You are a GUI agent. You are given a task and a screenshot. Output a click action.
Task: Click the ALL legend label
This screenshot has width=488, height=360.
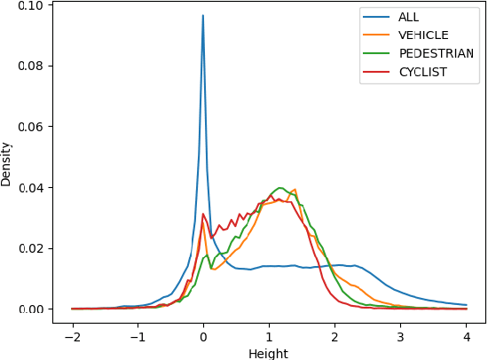click(x=409, y=16)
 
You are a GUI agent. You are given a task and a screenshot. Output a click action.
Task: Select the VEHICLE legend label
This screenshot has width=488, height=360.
click(x=423, y=35)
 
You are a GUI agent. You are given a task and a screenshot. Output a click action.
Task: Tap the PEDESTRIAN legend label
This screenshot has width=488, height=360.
click(x=436, y=53)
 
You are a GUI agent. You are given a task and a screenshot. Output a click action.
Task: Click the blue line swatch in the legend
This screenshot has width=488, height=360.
click(x=377, y=16)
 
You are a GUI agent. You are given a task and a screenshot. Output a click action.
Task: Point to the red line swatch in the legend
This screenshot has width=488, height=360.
click(x=377, y=72)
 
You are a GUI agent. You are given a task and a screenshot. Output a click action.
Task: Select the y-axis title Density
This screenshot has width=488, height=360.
click(x=7, y=164)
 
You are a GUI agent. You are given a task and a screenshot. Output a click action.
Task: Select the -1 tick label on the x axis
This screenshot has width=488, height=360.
click(x=137, y=337)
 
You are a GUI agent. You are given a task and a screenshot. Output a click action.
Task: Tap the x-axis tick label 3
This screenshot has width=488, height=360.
click(x=400, y=337)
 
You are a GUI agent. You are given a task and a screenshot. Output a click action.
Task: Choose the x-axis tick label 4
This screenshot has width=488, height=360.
click(x=466, y=337)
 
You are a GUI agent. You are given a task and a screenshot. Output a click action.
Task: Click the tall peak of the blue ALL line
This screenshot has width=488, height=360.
click(x=203, y=15)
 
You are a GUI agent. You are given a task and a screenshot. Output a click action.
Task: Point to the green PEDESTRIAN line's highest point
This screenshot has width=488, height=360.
click(x=280, y=188)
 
